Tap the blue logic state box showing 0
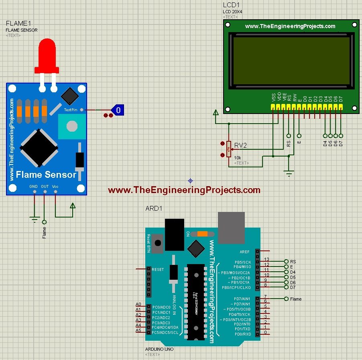pos(118,109)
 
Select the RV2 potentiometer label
pos(241,145)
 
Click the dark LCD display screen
pos(292,60)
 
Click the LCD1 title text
pos(230,5)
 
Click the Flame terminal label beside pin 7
pos(296,299)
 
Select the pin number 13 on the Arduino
pos(266,260)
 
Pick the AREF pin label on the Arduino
pos(244,252)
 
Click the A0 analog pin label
pos(138,305)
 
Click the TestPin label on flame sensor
pos(71,110)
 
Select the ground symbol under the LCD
pos(288,173)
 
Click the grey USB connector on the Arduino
pos(231,228)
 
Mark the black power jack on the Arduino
pos(174,234)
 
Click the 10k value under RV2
pos(238,158)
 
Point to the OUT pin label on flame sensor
pos(45,187)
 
